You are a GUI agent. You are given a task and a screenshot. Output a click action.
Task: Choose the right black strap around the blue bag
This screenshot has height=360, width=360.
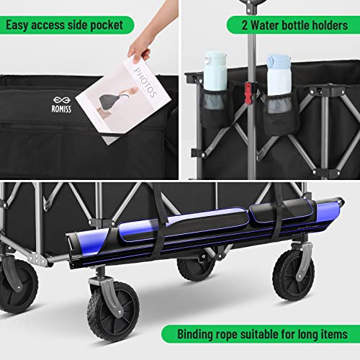(x=279, y=209)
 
